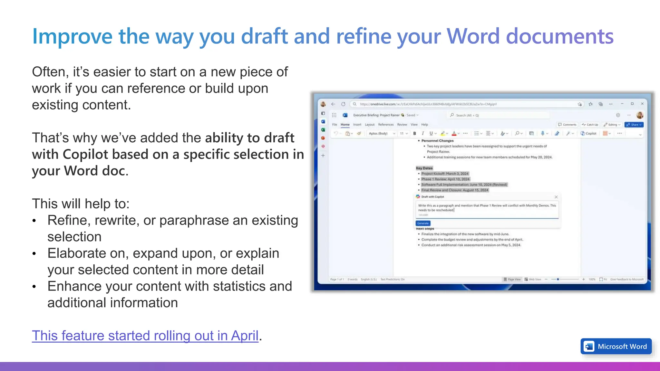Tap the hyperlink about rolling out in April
(145, 336)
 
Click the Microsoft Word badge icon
(589, 347)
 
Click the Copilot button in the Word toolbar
(588, 133)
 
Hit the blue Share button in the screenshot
(634, 125)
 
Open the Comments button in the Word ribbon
(567, 125)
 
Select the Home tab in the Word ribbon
(345, 125)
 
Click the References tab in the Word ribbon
(386, 125)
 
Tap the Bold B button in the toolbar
(415, 133)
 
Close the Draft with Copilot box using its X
(556, 197)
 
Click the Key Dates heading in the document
(424, 168)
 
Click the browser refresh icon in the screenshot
(343, 104)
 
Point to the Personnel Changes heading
(437, 141)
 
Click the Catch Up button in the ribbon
(590, 125)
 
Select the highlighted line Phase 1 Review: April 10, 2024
(445, 179)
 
